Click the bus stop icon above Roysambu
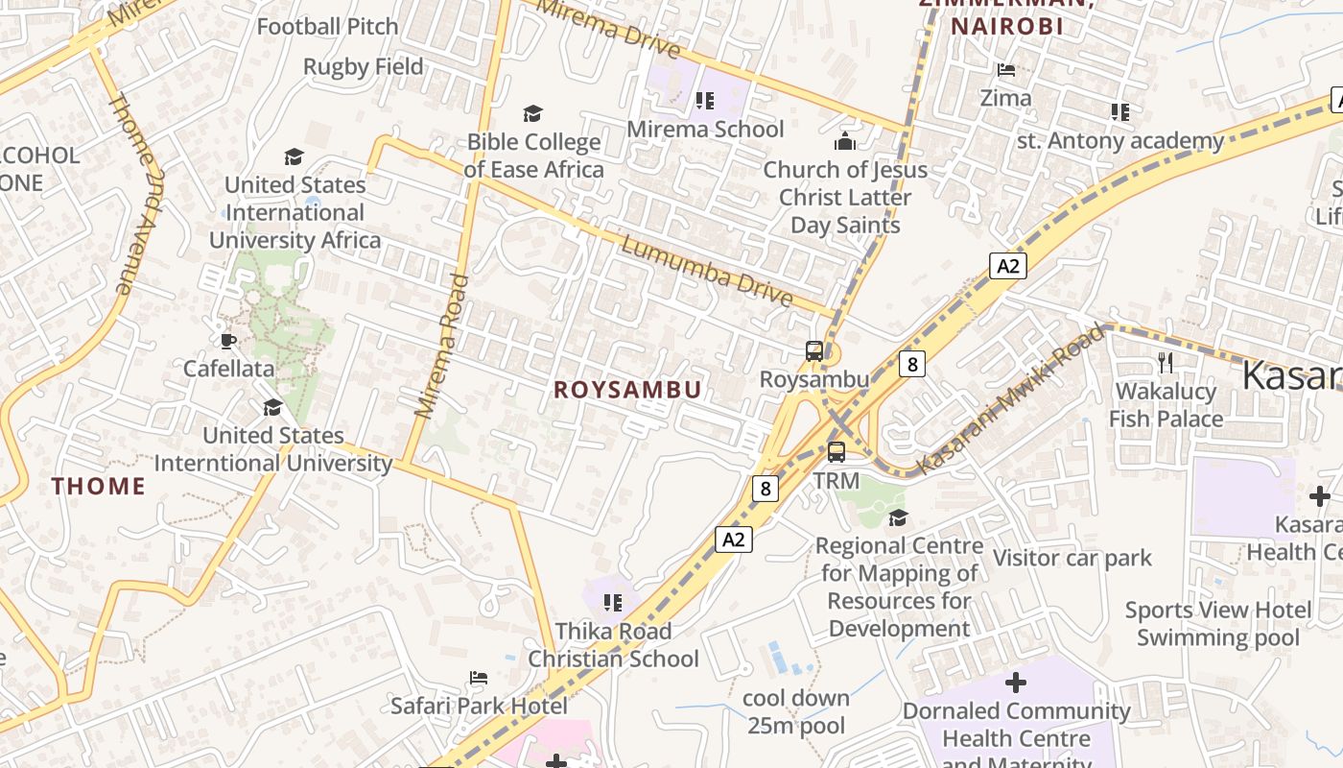point(814,350)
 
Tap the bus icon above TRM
point(836,451)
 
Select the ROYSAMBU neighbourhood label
point(628,390)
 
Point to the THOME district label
point(99,486)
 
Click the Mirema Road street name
point(441,346)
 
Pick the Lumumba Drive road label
point(707,271)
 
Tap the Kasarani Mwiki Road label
point(1009,399)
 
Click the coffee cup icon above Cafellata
point(227,340)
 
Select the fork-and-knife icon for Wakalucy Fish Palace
point(1166,362)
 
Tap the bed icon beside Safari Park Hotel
point(479,678)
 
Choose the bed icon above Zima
point(1006,70)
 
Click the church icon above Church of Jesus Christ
point(845,141)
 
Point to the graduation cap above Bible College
point(533,113)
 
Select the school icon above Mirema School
point(705,100)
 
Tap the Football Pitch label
point(327,27)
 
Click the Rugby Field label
point(363,67)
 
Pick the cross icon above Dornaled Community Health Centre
point(1016,683)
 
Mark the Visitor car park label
point(1072,558)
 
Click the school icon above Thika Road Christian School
point(613,603)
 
